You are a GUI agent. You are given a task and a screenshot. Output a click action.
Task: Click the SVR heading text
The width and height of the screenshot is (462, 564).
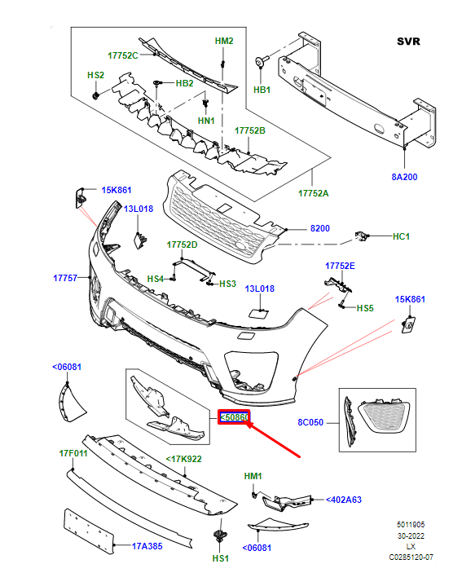click(408, 40)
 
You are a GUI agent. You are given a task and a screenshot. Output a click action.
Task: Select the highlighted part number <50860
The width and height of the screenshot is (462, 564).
click(234, 417)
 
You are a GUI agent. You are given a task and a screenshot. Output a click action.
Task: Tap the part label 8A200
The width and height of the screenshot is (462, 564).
click(404, 176)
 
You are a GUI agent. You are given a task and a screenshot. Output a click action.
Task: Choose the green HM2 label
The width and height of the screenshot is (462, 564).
click(223, 40)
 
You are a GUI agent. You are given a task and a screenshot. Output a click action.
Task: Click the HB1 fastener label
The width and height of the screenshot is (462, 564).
click(262, 90)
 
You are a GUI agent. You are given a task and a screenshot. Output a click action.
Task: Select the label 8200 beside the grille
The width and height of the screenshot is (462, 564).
click(319, 228)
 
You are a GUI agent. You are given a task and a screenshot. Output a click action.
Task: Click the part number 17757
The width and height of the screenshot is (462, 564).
click(65, 278)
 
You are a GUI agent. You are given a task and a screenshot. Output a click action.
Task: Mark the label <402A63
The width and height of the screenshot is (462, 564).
click(345, 499)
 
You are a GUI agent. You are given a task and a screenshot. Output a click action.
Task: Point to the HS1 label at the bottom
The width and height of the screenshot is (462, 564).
click(220, 559)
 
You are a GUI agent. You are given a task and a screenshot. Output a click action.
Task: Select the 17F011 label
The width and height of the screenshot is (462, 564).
click(73, 452)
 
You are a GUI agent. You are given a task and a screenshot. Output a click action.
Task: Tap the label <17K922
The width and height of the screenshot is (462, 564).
click(185, 459)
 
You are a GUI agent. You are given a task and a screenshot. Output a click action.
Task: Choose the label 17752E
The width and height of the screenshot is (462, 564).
click(340, 266)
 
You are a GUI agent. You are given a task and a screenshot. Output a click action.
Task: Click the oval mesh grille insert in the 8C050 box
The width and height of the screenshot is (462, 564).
click(382, 418)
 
